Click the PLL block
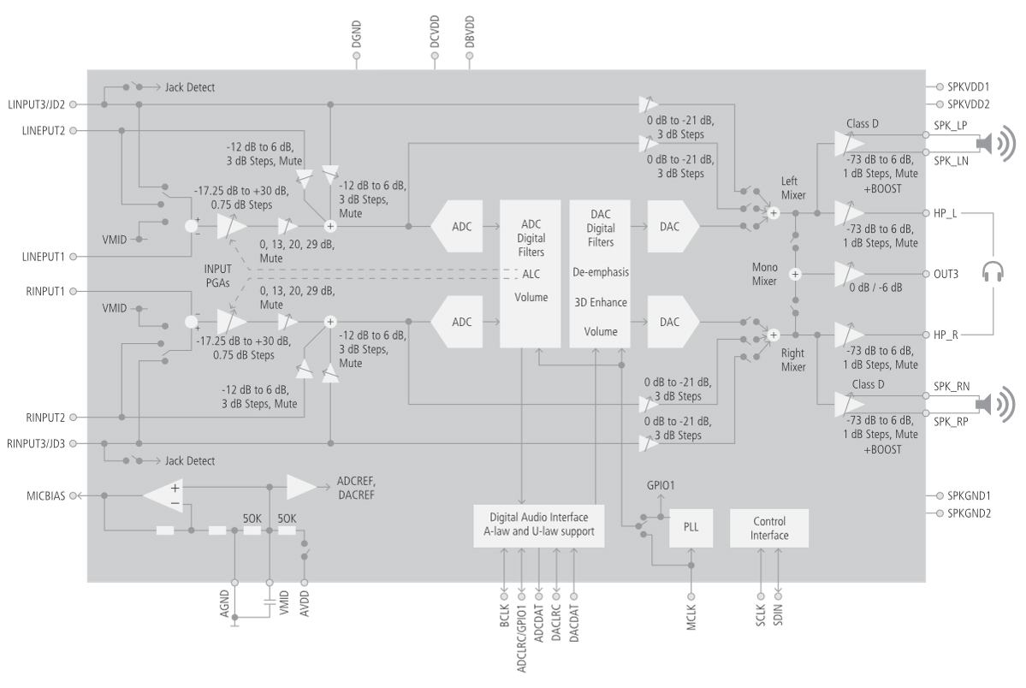[x=690, y=529]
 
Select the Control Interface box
[x=768, y=528]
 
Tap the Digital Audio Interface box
[x=538, y=526]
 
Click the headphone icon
[x=994, y=273]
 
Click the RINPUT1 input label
[x=40, y=292]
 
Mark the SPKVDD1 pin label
[x=970, y=87]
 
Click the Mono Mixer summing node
[x=795, y=275]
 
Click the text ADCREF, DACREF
[x=355, y=489]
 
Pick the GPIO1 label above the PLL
[x=660, y=486]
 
